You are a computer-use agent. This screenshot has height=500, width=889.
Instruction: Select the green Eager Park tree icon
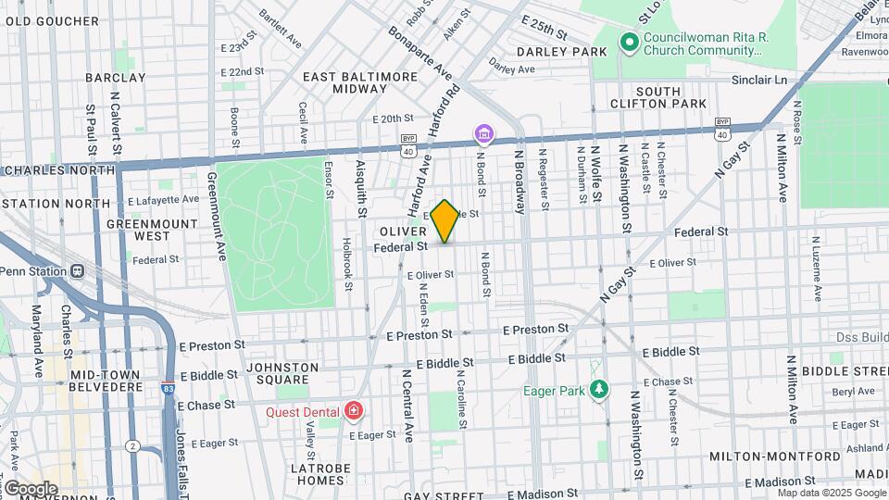[x=600, y=390]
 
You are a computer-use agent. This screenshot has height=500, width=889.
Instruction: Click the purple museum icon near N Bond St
[x=482, y=136]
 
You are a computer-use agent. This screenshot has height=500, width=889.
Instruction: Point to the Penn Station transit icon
[x=77, y=271]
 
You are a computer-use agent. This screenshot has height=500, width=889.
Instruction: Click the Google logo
[x=30, y=489]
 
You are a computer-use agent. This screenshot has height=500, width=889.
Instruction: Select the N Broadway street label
[x=520, y=181]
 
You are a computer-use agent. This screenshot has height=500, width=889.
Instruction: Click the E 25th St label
[x=543, y=19]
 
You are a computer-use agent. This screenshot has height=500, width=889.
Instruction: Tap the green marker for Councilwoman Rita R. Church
[x=629, y=42]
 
